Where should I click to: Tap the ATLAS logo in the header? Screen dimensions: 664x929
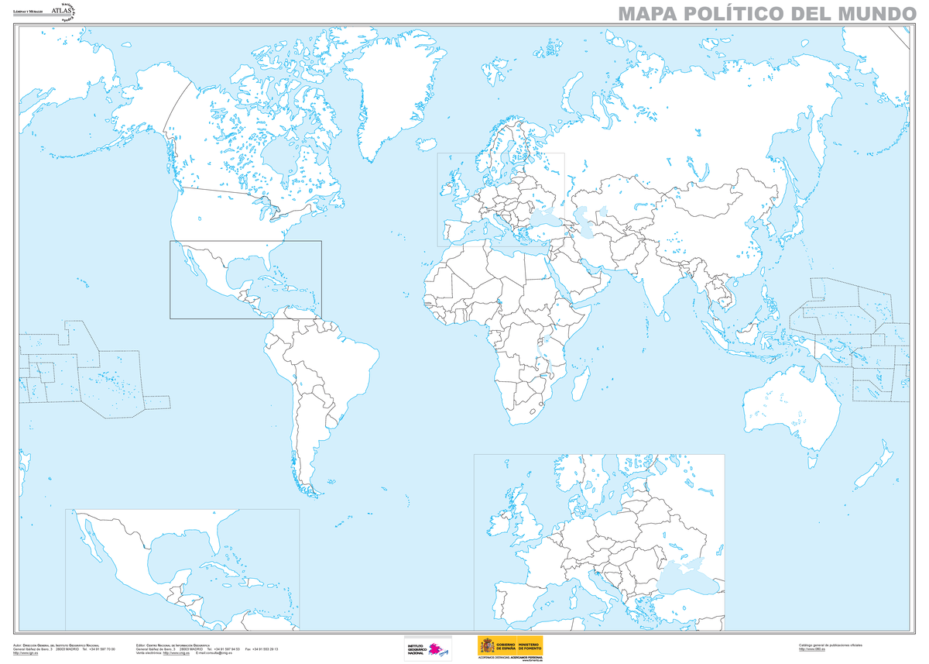tap(61, 10)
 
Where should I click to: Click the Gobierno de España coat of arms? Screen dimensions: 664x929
tap(487, 645)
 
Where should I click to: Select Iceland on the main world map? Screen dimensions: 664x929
tap(426, 144)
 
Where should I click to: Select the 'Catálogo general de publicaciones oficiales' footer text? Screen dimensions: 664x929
tap(830, 645)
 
